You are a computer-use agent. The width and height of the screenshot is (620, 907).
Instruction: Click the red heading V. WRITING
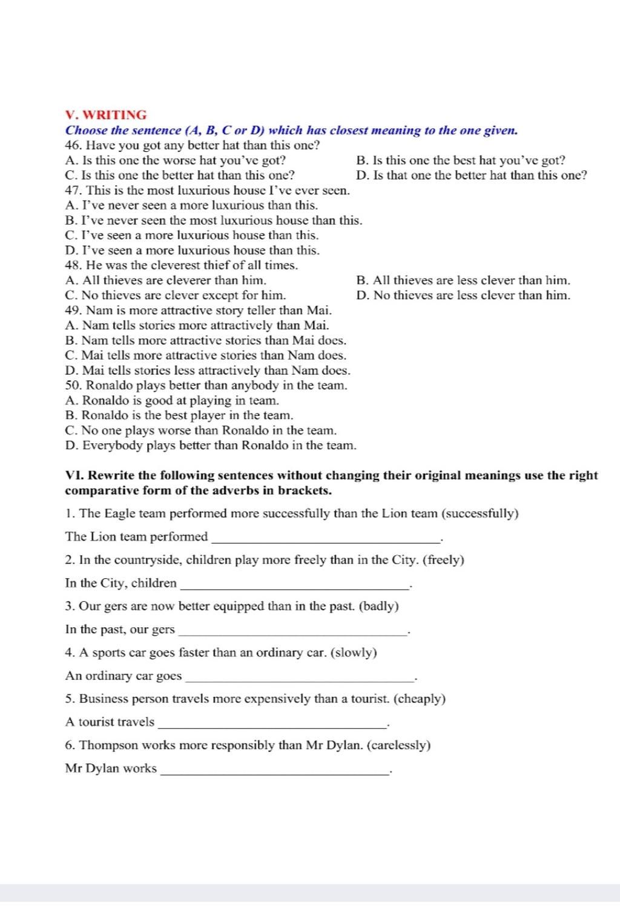(106, 115)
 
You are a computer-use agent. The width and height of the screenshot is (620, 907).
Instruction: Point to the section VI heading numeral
(71, 475)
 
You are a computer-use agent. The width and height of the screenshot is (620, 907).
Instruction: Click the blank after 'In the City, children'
(295, 584)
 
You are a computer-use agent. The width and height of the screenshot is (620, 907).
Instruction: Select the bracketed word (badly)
(379, 607)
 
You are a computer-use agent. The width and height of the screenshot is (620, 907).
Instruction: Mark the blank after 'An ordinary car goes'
(301, 677)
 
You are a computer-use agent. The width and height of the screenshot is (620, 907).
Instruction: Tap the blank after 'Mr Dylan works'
(275, 770)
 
